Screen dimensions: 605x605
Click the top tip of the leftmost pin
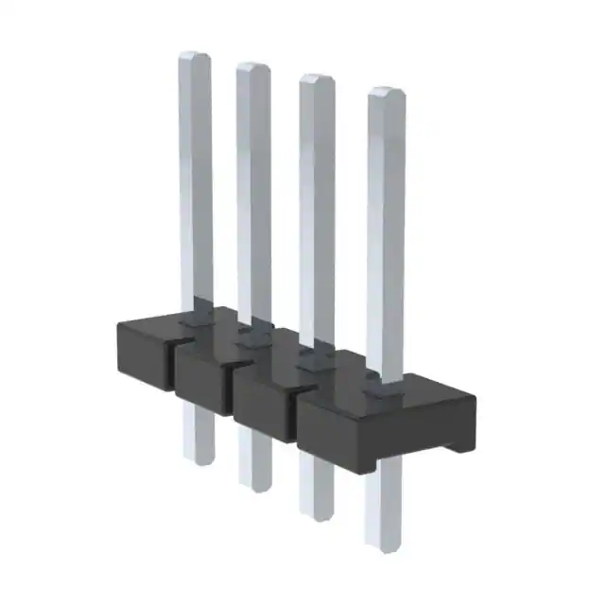[195, 57]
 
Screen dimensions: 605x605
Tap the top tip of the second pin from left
[252, 68]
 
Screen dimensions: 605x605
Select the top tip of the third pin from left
[317, 80]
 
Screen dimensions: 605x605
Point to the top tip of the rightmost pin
[386, 93]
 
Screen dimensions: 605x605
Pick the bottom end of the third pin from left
[317, 515]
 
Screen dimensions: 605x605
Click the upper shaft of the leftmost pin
[196, 170]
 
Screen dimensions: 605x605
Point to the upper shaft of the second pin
[252, 180]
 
